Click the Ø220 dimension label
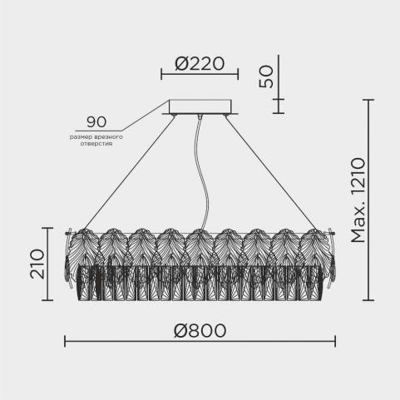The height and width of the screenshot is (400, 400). [200, 64]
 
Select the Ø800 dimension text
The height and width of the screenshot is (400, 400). [200, 331]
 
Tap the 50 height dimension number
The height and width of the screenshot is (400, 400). [266, 77]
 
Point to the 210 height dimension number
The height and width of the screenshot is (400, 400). [37, 264]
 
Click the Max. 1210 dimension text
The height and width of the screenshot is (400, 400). [358, 200]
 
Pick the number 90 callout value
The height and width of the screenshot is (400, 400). [96, 122]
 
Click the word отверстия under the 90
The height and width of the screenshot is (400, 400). [96, 144]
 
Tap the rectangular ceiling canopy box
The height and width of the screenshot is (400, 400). [200, 106]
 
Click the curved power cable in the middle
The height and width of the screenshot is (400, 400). [205, 172]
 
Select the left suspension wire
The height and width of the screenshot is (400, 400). [130, 172]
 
